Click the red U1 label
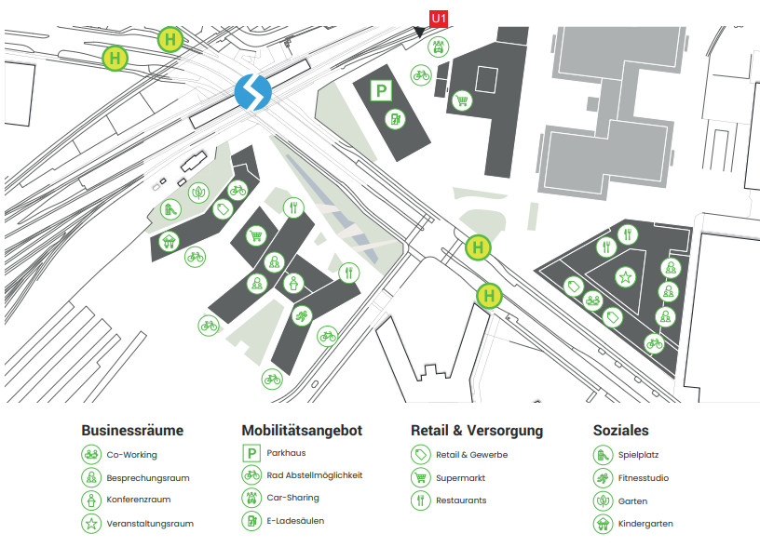click(439, 18)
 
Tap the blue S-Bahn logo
click(252, 91)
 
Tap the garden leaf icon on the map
click(199, 193)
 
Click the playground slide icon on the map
click(170, 209)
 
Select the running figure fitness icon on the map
click(302, 317)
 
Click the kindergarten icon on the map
click(169, 244)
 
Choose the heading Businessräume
click(132, 431)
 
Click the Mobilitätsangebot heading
click(302, 431)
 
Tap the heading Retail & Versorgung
click(477, 431)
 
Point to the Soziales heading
click(621, 431)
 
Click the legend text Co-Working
click(131, 455)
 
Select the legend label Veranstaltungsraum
click(150, 524)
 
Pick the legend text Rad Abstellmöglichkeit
click(314, 475)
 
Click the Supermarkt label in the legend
click(460, 478)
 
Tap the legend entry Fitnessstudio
click(645, 478)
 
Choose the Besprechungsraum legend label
click(147, 478)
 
